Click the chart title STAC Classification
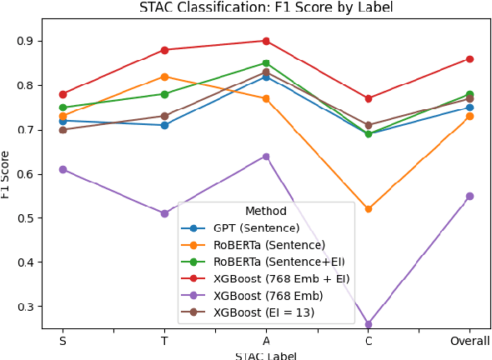[265, 7]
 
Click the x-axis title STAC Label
[265, 356]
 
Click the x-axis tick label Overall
[469, 341]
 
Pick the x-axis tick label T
[164, 341]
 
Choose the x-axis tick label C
[368, 341]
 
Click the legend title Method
[266, 212]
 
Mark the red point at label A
[266, 41]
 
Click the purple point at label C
[368, 324]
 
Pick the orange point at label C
[368, 209]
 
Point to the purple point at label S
[63, 169]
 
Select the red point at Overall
[469, 58]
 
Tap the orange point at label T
[164, 77]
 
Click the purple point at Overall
[469, 196]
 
